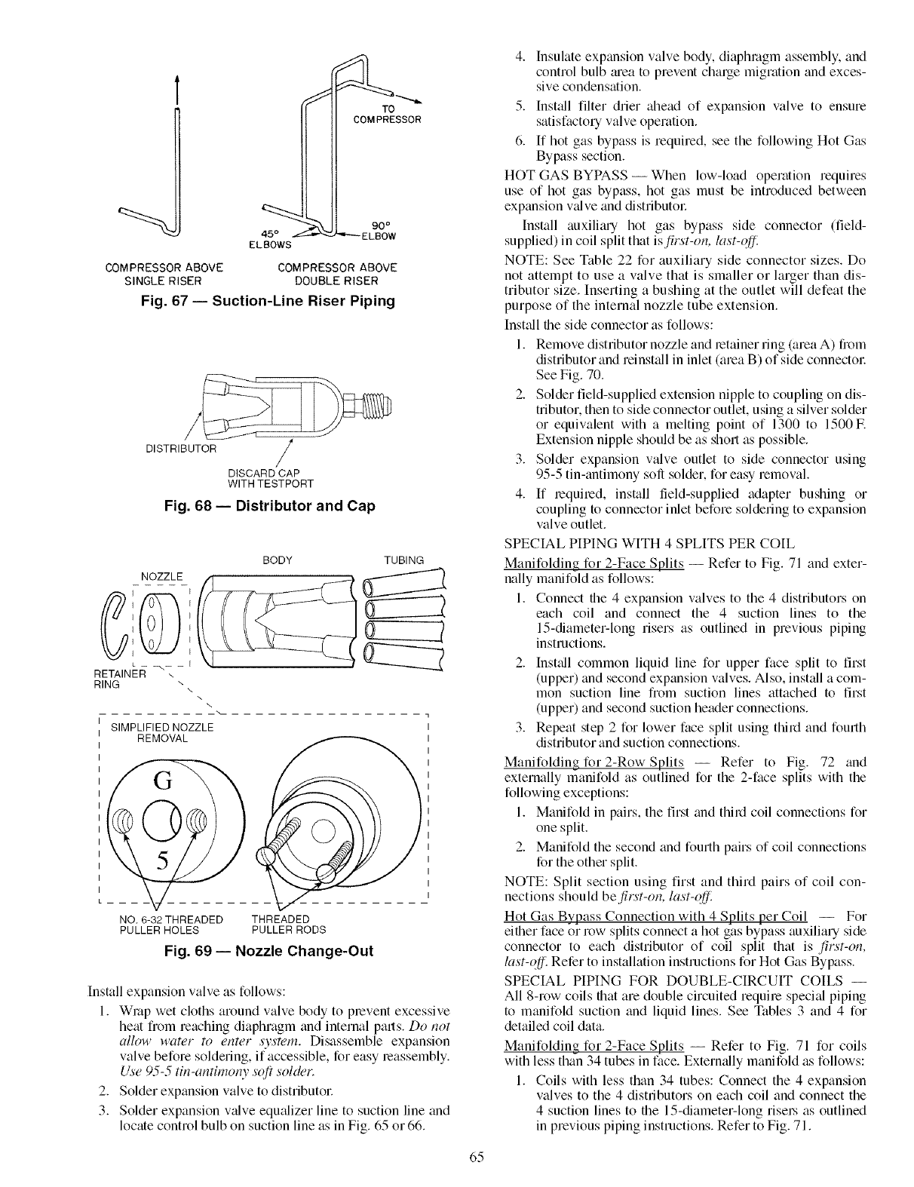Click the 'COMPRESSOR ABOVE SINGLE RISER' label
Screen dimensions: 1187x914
point(164,274)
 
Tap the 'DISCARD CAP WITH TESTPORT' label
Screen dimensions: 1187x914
point(270,478)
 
